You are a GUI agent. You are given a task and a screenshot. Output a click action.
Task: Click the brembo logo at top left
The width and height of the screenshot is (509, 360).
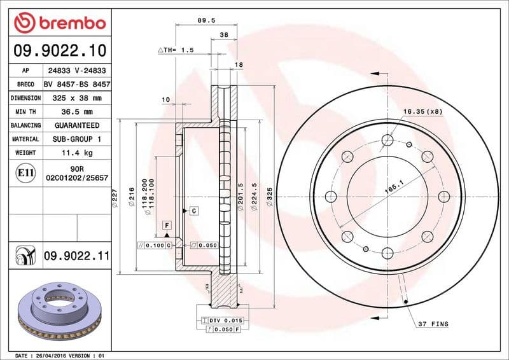pos(59,24)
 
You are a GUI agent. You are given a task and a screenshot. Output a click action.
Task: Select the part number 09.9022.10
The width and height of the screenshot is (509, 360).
pos(59,50)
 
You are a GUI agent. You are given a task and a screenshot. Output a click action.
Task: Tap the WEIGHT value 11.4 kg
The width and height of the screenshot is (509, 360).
pos(76,153)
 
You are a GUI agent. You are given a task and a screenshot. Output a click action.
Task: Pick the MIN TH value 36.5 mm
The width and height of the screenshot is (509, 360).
pos(76,112)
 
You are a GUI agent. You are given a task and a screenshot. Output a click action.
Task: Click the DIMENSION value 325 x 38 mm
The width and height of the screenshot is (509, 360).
pos(76,98)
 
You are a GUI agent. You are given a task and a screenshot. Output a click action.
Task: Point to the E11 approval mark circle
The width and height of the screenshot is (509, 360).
pos(25,172)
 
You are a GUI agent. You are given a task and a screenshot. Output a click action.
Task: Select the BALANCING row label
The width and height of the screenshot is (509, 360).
pos(25,126)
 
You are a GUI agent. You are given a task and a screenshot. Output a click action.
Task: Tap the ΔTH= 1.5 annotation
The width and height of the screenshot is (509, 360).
pos(176,50)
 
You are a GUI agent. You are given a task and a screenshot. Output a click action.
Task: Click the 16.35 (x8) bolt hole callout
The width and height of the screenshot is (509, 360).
pos(422,111)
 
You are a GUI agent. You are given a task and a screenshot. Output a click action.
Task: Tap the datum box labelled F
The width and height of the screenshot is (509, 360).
pos(167,226)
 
